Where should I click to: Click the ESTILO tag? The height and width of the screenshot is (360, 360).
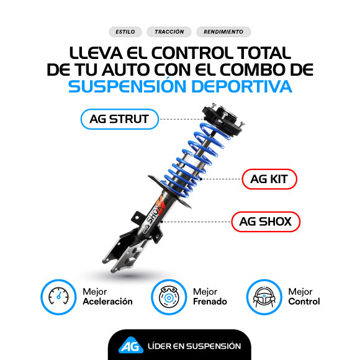pos(125,32)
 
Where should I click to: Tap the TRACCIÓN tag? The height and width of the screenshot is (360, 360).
pos(169,32)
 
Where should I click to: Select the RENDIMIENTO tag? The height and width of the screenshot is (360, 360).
pos(223,32)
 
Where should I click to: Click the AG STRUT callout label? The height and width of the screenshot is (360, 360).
pos(119,119)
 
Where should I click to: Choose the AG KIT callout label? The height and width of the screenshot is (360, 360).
pos(269,179)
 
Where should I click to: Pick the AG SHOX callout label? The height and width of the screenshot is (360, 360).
pos(266,222)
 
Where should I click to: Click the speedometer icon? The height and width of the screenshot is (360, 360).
pos(58,297)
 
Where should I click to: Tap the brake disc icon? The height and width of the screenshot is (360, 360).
pos(169,297)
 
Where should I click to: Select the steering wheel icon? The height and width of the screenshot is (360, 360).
pos(264,297)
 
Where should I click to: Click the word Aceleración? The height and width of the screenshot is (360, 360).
pos(107,302)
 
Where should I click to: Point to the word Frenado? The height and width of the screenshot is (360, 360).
pos(210,302)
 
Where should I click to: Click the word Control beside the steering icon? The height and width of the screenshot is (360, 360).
pos(304,302)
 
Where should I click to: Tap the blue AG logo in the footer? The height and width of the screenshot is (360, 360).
pos(131,345)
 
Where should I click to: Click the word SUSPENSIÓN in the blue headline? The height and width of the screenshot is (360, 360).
pos(127,86)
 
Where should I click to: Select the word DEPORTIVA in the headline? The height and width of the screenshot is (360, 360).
pos(242,86)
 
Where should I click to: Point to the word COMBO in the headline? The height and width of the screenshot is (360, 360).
pos(254,70)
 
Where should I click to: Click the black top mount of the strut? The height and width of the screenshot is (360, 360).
pos(222,120)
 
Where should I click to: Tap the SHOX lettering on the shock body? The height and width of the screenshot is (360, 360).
pos(155,213)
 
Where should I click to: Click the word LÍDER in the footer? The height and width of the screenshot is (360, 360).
pos(159,346)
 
